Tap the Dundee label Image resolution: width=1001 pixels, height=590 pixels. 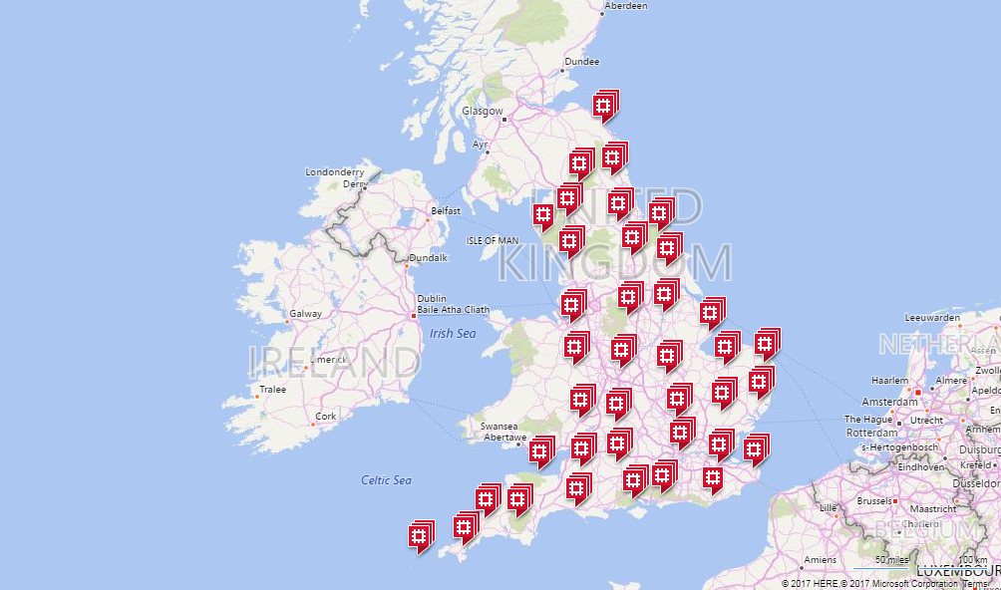[x=582, y=62]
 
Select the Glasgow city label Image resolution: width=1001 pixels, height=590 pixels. [x=483, y=112]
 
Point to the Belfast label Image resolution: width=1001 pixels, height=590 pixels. [x=445, y=211]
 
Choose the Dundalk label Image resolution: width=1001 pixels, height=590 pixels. [x=428, y=258]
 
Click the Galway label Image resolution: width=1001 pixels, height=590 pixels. [x=305, y=314]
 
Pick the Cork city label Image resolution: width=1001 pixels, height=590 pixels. [x=326, y=417]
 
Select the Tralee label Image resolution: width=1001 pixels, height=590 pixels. [x=272, y=390]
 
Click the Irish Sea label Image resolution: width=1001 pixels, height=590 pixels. [x=453, y=334]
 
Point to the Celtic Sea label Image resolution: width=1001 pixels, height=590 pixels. [x=386, y=480]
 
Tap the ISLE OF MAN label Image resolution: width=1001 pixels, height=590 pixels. [x=493, y=241]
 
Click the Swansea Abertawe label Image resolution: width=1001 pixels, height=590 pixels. [x=503, y=432]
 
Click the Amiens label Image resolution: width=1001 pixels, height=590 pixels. [x=821, y=560]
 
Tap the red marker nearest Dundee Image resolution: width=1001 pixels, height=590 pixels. [x=603, y=106]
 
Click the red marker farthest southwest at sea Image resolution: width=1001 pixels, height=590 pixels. [x=421, y=536]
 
